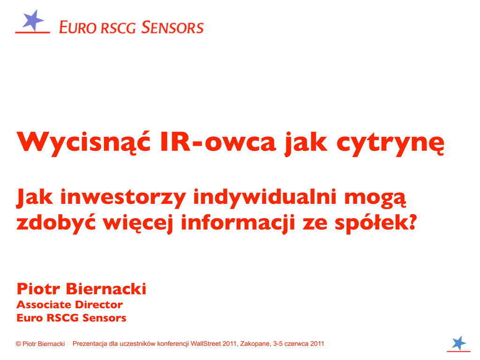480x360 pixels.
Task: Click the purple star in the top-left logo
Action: click(33, 20)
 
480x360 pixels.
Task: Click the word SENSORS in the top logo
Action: click(172, 27)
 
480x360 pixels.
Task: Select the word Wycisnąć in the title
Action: click(83, 142)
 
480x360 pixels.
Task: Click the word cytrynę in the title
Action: click(390, 144)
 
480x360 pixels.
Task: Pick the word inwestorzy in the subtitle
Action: click(123, 198)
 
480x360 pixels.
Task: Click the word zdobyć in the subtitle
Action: click(56, 223)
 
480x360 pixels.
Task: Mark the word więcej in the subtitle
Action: click(138, 224)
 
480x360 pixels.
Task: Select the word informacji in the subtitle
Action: click(238, 223)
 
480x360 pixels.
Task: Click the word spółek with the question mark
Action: click(376, 224)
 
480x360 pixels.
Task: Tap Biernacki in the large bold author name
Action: click(106, 289)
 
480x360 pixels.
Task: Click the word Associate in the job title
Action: click(44, 305)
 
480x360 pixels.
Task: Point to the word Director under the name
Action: click(99, 305)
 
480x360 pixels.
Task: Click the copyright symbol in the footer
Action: click(18, 344)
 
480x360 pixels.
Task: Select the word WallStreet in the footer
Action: click(206, 344)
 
